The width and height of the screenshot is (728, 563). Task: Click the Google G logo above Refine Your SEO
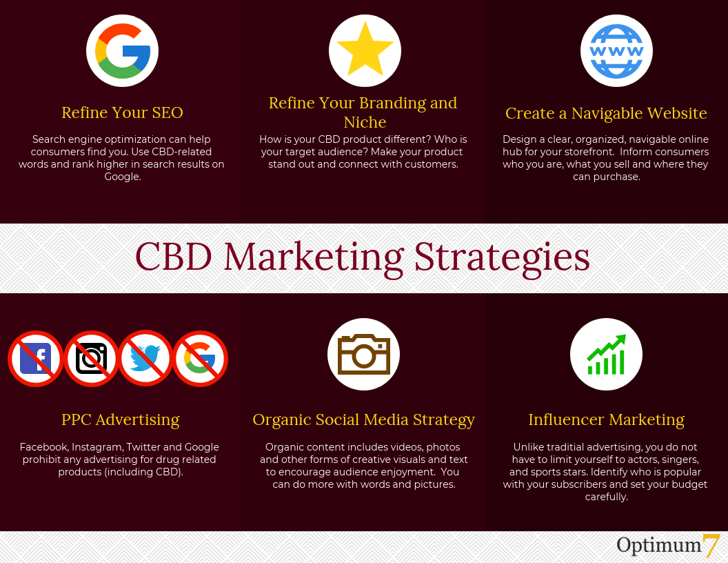(x=123, y=51)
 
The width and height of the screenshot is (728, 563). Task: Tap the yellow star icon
(x=365, y=49)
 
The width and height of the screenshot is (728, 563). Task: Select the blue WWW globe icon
(x=616, y=51)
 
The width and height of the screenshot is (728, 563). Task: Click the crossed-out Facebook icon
(x=36, y=359)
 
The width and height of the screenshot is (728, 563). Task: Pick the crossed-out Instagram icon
(x=91, y=359)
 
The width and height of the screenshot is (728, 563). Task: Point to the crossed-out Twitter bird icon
(x=145, y=358)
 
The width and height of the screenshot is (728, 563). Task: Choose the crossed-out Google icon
(x=200, y=359)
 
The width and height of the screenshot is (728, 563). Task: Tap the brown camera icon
(x=363, y=354)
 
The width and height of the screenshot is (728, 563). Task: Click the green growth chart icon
(x=607, y=355)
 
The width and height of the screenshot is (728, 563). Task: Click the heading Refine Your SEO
(x=122, y=112)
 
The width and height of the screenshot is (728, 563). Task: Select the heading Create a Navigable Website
(x=606, y=113)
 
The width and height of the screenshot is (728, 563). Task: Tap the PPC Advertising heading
(x=120, y=419)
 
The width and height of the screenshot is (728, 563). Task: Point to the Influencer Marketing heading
(x=607, y=419)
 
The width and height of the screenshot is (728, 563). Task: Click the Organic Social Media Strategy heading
(x=363, y=420)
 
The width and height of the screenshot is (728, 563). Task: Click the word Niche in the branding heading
(x=365, y=122)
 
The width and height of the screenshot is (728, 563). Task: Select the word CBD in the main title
(x=173, y=257)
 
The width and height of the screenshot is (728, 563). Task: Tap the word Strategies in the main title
(x=502, y=258)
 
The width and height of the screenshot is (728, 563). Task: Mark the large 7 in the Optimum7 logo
(x=711, y=546)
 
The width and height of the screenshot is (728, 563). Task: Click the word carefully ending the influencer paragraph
(x=607, y=497)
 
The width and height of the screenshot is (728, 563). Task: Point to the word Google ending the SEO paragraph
(x=123, y=177)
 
